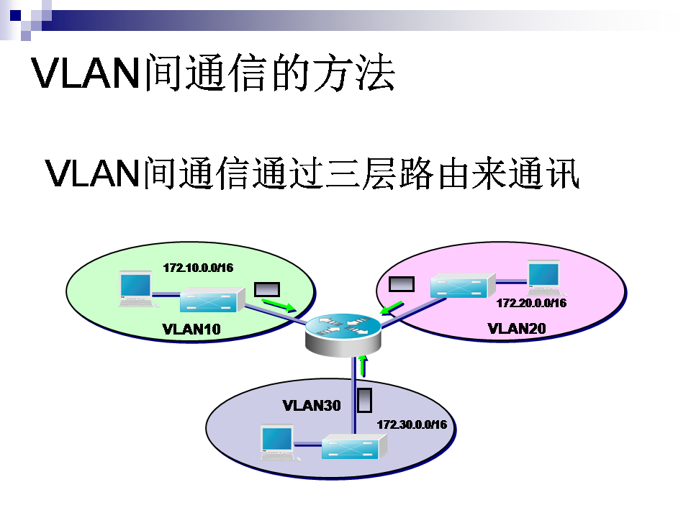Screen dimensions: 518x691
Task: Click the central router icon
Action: point(342,332)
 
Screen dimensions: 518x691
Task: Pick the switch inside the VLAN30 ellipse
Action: point(353,448)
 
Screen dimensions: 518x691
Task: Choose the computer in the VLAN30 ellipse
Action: point(277,442)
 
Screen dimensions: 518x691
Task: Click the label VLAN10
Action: point(191,330)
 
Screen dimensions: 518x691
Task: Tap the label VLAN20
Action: point(517,329)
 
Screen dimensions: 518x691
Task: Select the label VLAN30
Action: point(312,404)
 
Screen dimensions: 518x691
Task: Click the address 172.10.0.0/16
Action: point(198,268)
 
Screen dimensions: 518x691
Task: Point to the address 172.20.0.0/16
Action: point(531,303)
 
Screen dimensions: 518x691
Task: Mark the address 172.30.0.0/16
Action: point(412,424)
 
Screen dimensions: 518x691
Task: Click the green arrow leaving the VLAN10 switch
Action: point(279,305)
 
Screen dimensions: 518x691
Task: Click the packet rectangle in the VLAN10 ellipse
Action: point(267,289)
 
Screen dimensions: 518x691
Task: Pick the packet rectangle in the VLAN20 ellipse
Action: point(401,283)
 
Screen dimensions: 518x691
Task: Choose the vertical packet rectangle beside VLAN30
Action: point(365,400)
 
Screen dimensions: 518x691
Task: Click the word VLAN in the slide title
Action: point(84,72)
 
